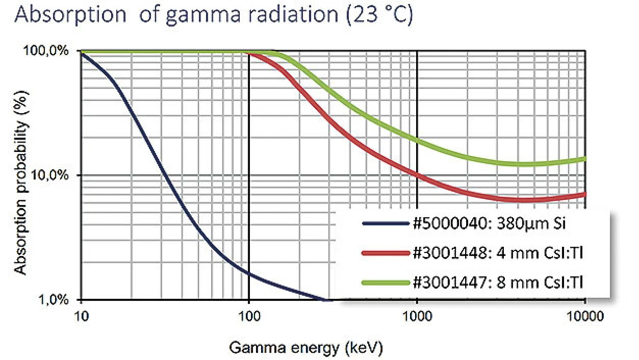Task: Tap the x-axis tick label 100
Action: point(249,317)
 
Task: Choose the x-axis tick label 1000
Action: point(417,317)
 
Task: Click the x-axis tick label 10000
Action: point(585,317)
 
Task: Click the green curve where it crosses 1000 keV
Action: point(417,140)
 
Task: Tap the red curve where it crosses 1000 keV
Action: point(417,175)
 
